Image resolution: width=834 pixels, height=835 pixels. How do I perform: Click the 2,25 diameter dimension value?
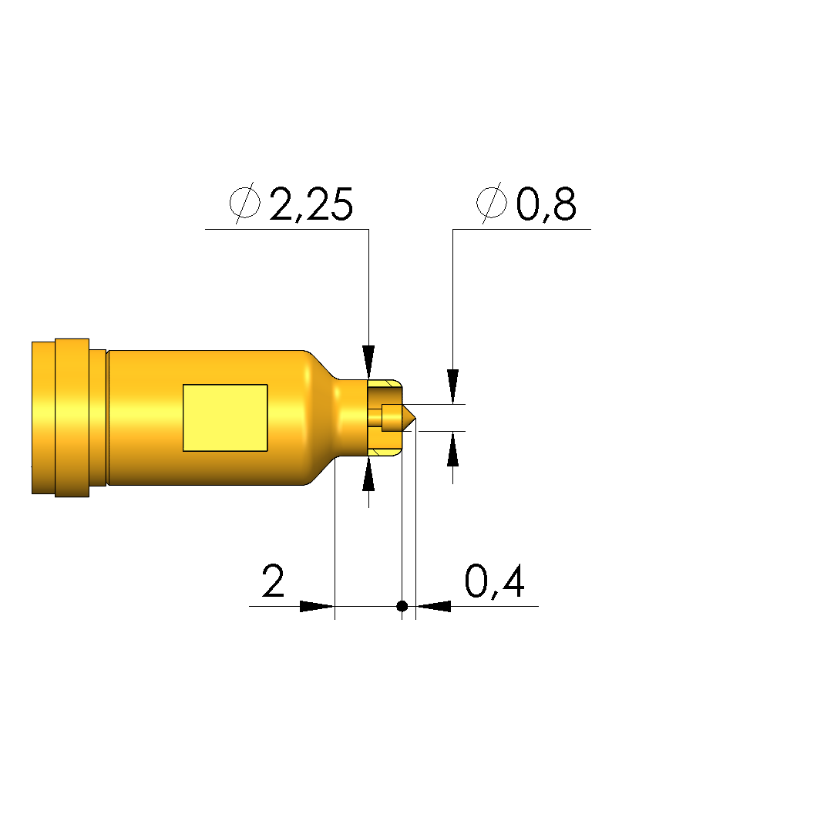(311, 204)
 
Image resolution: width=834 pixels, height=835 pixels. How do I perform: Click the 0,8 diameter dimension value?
(546, 204)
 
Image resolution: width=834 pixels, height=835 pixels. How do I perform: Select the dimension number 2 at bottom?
(273, 581)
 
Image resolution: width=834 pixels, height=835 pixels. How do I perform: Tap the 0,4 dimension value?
(494, 582)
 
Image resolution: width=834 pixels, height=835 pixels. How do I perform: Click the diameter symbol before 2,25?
(245, 202)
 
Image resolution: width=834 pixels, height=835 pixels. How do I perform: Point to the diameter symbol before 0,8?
(491, 202)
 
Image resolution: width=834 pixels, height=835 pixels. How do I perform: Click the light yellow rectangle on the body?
(225, 418)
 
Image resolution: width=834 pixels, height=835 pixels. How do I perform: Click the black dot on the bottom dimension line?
(402, 606)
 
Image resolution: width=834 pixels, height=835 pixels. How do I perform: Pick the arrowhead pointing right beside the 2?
(317, 606)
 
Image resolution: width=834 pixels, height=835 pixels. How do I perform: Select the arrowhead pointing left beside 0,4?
(433, 606)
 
